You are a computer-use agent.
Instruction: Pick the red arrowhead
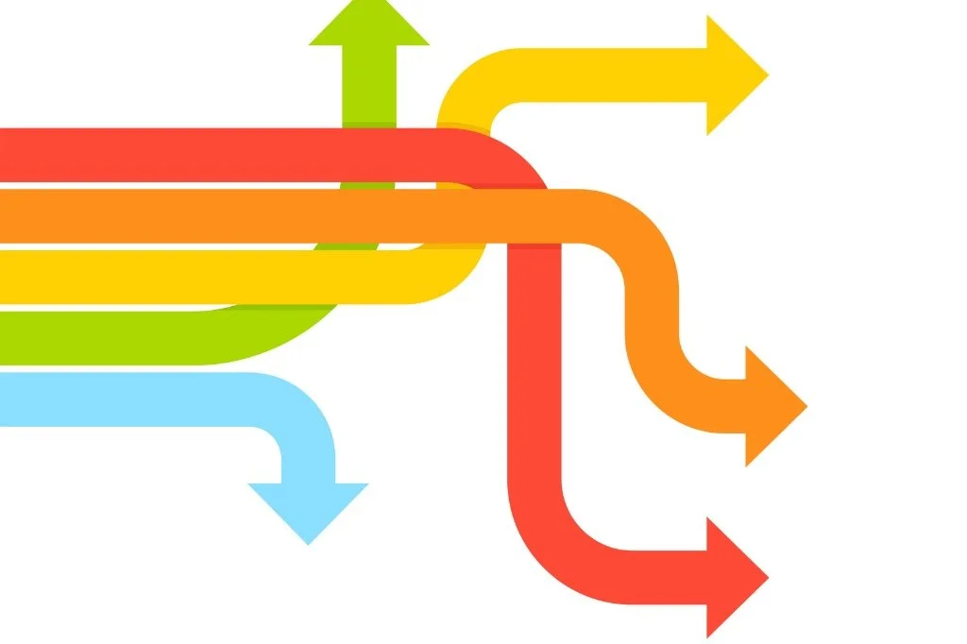point(733,576)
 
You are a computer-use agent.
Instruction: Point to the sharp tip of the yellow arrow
point(767,75)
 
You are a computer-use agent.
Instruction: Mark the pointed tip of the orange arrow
point(806,406)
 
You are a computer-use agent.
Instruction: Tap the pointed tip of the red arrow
point(767,576)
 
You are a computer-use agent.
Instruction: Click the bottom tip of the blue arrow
point(308,543)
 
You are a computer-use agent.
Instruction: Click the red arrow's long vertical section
point(534,378)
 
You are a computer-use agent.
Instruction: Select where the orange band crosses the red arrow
point(534,216)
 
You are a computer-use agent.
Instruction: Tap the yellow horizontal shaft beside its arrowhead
point(642,75)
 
